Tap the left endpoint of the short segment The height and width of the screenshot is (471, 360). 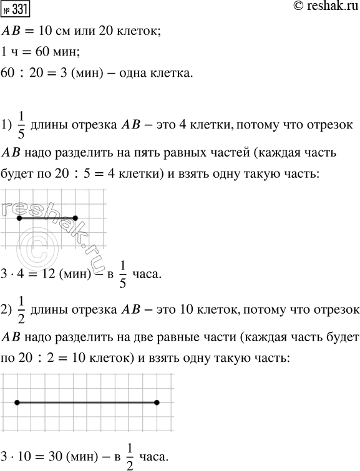[x=19, y=218]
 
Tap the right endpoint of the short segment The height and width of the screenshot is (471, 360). [x=75, y=218]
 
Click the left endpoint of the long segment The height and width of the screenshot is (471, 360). [x=17, y=403]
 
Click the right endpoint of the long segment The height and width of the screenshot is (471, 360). [x=156, y=403]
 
